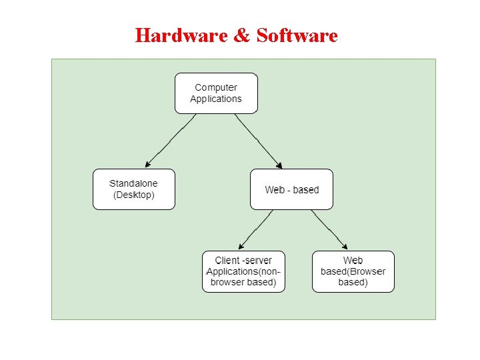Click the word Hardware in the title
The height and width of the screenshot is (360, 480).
181,35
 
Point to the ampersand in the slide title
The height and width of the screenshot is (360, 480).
242,35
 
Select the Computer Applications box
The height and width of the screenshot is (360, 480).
216,93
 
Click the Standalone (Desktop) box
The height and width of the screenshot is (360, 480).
133,189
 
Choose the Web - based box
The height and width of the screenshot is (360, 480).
291,189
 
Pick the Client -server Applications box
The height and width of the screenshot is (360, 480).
244,271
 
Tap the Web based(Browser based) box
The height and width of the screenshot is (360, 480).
353,271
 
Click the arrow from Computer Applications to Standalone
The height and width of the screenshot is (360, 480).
171,140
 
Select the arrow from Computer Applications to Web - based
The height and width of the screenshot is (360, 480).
258,140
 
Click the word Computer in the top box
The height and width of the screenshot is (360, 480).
216,87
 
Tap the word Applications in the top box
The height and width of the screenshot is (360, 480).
216,99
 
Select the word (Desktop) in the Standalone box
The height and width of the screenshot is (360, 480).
133,195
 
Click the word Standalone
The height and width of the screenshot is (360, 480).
133,183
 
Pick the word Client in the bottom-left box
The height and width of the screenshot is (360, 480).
227,260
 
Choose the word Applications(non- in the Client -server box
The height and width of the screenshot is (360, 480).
244,271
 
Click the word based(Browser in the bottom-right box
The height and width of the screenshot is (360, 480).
353,271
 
